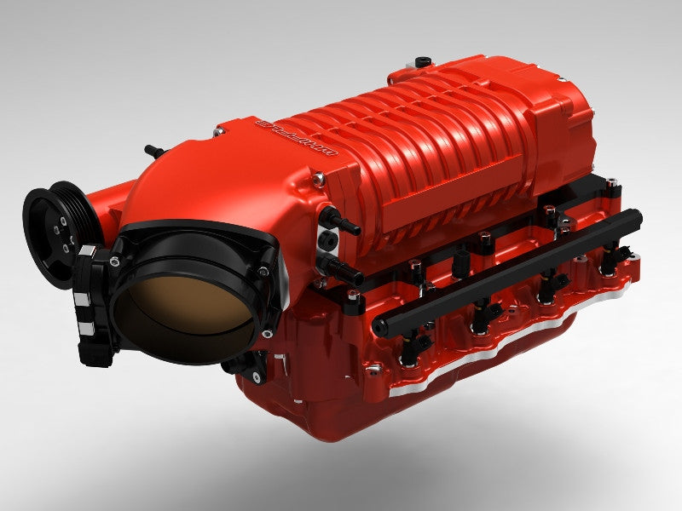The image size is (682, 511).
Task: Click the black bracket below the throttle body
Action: point(242,367)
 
